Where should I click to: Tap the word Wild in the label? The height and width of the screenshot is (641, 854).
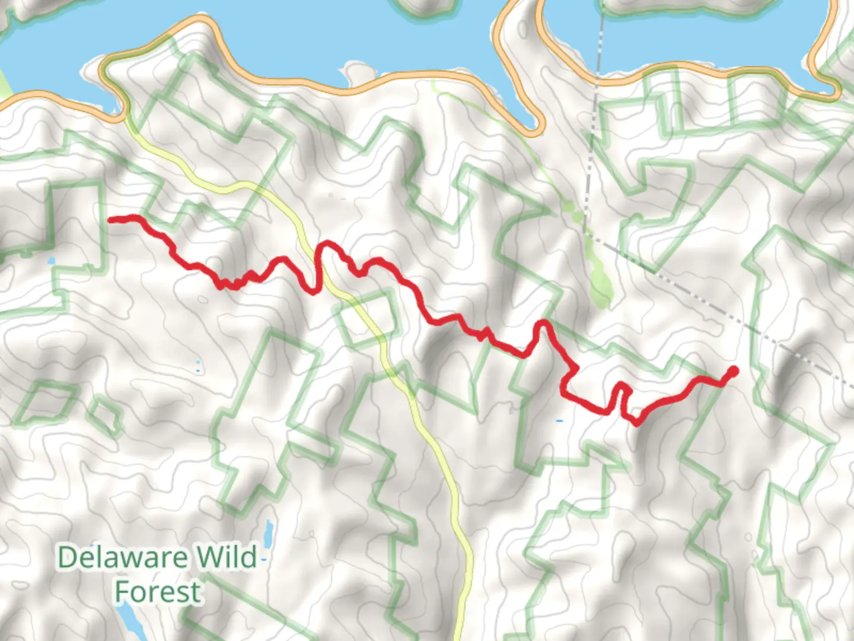[x=227, y=558]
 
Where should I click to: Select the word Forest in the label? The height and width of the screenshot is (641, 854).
[x=158, y=592]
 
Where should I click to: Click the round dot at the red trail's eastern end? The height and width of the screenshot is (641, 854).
[x=733, y=372]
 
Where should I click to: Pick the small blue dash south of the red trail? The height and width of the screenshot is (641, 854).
[x=559, y=421]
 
